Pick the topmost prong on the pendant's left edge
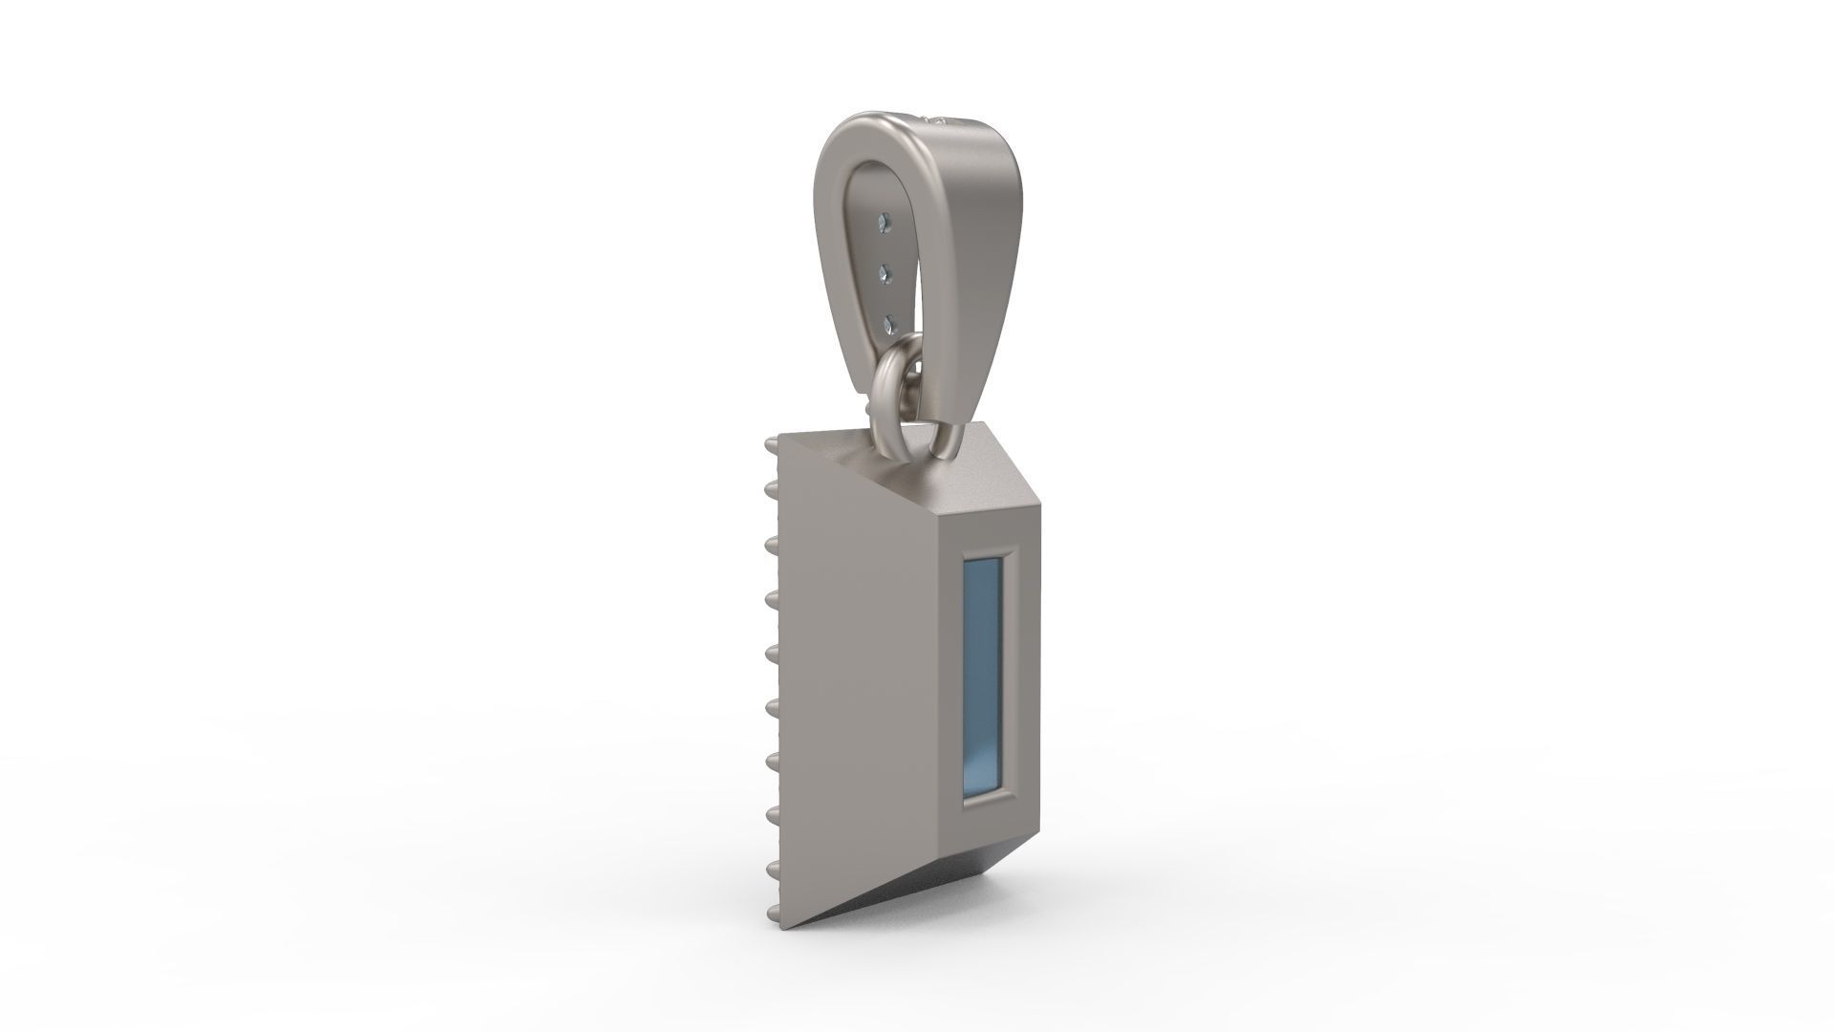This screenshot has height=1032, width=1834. tap(770, 444)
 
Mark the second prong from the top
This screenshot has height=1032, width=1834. tap(770, 490)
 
